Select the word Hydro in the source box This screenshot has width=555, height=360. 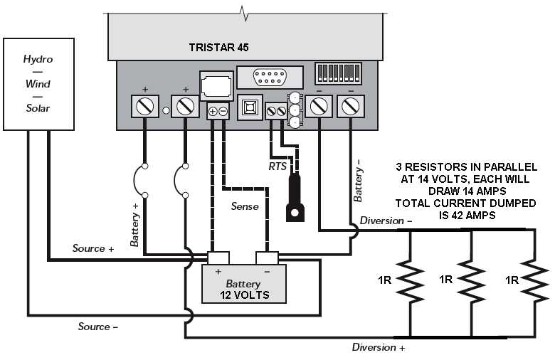(38, 59)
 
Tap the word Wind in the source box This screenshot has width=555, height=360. (38, 84)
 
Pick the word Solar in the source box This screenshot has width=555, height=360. (38, 108)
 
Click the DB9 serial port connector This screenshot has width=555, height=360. (263, 77)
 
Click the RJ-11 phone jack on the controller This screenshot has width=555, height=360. (216, 87)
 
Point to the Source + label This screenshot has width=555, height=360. (93, 248)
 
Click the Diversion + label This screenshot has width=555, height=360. (379, 347)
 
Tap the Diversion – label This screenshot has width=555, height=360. (385, 221)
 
